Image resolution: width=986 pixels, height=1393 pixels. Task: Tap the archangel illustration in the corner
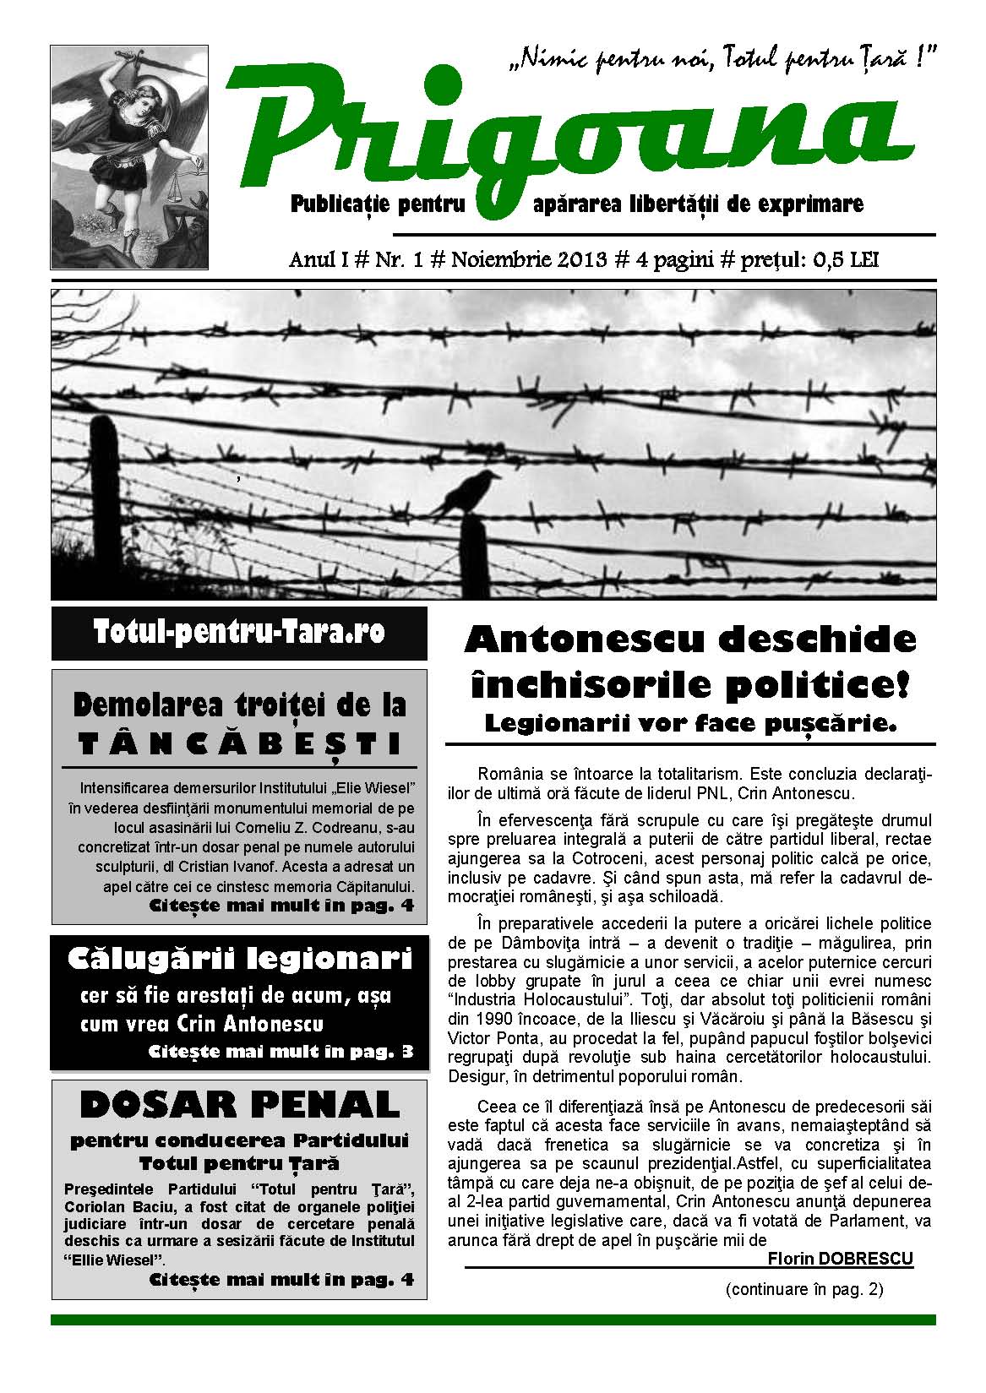(129, 157)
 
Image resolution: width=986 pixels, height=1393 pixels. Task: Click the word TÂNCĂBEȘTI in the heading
(239, 743)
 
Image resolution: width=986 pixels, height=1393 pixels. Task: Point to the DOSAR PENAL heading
(239, 1103)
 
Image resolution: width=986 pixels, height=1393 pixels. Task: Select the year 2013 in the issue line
(581, 258)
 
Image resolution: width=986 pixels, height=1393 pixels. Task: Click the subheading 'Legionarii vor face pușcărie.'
(689, 723)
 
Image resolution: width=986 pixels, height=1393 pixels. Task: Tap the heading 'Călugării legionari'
(239, 960)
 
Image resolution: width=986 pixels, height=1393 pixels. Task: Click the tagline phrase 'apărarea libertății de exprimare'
(699, 204)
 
